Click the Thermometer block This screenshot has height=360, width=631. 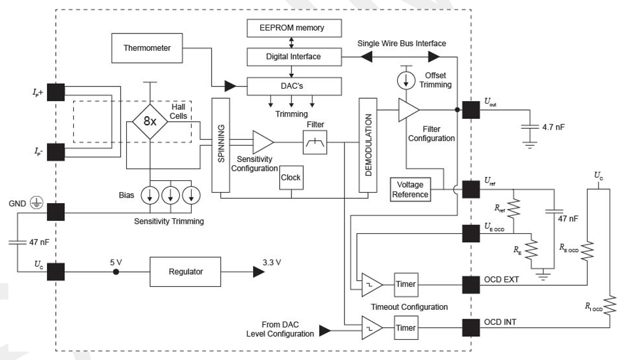click(147, 47)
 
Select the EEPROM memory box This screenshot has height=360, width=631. click(293, 27)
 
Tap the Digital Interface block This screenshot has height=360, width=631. click(293, 56)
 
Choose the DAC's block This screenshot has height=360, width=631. click(293, 85)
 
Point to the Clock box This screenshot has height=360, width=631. click(290, 177)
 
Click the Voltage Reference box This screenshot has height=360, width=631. click(410, 189)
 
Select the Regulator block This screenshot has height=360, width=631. click(186, 272)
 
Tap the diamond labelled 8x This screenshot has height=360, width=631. click(150, 120)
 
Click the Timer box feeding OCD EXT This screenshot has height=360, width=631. click(405, 284)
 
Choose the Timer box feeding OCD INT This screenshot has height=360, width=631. click(405, 328)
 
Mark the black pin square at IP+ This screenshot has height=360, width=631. click(56, 92)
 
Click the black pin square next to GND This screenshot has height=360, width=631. click(56, 212)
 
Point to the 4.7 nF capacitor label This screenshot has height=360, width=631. click(553, 127)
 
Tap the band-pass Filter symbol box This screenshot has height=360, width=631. click(315, 144)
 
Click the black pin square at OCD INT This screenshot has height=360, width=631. click(471, 328)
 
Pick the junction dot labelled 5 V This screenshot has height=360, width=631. click(116, 272)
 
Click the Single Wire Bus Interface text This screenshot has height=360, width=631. click(402, 43)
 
